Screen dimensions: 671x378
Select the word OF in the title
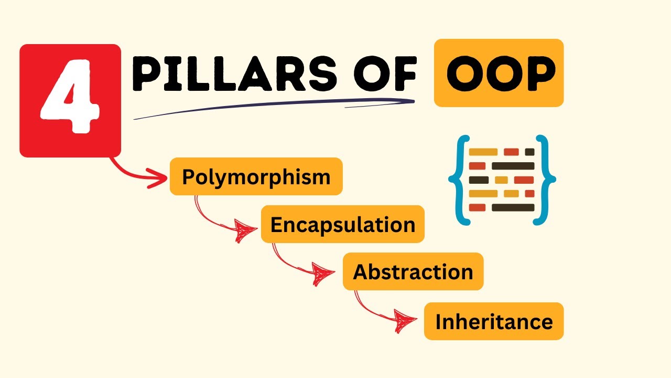[385, 73]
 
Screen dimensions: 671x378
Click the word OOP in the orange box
[501, 73]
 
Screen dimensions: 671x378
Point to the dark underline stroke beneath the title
[274, 107]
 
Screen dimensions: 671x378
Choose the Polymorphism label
[256, 177]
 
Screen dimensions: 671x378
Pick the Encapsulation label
[343, 224]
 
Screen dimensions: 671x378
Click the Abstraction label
[413, 271]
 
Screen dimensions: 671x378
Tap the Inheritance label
[494, 321]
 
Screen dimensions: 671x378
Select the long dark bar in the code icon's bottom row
[513, 207]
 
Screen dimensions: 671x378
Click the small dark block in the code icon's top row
[529, 152]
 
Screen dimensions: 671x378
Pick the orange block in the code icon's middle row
[501, 180]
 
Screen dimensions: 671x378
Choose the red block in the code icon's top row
[511, 152]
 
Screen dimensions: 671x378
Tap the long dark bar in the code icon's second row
[513, 166]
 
